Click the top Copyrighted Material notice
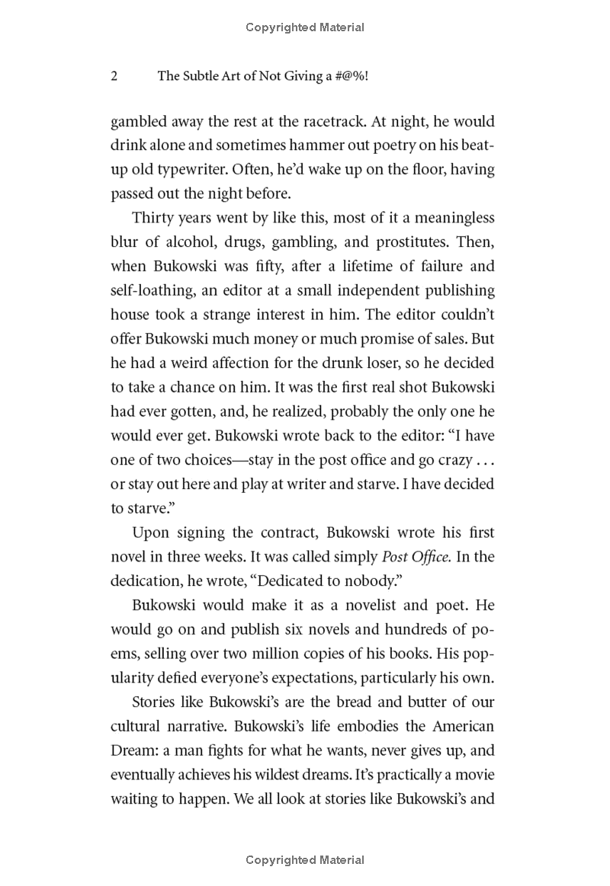[x=305, y=28]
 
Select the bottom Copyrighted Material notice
[x=305, y=860]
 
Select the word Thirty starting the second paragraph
[x=152, y=218]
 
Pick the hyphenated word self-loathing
[x=155, y=291]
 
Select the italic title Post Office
[x=414, y=557]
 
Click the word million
[x=289, y=654]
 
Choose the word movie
[x=471, y=775]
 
